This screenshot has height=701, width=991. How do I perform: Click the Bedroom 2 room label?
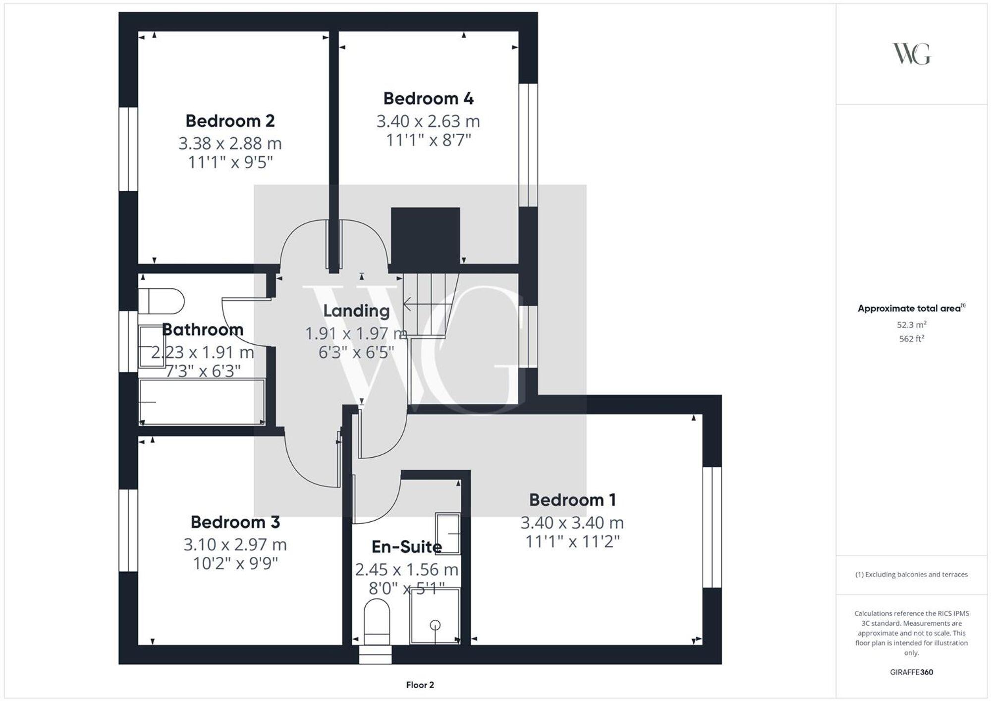230,121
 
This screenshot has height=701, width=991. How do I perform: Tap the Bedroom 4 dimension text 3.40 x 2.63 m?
428,121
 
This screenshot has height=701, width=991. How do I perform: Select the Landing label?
356,311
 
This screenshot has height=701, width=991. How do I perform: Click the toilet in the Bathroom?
161,301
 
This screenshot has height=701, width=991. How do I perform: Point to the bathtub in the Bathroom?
202,402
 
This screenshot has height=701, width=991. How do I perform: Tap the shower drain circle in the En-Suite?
435,625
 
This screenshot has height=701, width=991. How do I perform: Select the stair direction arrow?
408,304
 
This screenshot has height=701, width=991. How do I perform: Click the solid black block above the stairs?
425,236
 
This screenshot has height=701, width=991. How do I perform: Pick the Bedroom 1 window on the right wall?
712,527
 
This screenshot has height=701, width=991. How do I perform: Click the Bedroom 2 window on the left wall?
128,149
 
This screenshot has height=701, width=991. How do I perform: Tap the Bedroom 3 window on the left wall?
128,530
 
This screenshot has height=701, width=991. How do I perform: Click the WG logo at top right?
911,54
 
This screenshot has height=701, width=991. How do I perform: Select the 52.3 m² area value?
911,325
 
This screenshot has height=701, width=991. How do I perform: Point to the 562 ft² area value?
911,339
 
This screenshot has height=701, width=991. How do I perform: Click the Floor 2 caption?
420,685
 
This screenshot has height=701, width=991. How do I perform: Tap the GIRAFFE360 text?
911,672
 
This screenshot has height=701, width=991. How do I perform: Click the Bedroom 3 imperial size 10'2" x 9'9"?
235,564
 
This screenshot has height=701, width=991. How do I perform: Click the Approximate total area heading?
909,309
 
